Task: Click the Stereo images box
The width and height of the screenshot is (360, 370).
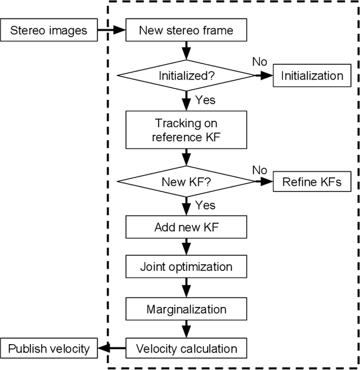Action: click(49, 30)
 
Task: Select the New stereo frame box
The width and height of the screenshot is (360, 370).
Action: click(186, 30)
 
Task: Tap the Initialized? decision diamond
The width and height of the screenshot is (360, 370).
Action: click(186, 75)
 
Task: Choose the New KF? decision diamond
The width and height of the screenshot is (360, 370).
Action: click(186, 181)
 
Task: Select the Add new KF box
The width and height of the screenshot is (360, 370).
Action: click(186, 228)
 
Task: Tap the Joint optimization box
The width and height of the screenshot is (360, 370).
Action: click(186, 267)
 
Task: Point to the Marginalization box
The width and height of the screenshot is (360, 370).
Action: click(186, 309)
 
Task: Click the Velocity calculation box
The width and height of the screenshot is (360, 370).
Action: click(186, 349)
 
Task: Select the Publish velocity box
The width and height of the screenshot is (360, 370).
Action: click(49, 349)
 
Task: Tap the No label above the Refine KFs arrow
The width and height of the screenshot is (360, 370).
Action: click(259, 170)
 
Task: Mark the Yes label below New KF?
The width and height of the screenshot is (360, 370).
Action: click(205, 205)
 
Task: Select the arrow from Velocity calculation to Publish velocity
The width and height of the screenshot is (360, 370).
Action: click(111, 349)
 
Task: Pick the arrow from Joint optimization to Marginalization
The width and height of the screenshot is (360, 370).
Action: click(186, 288)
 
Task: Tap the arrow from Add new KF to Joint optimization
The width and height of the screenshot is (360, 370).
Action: click(186, 247)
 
